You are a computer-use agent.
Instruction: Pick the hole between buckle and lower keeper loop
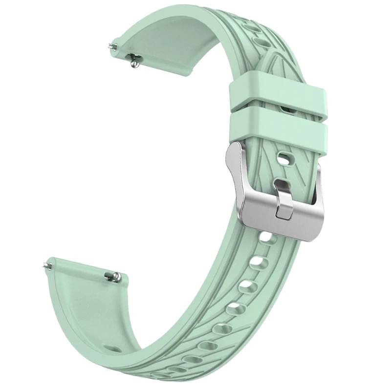283,158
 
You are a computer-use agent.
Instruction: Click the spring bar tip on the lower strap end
47,264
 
